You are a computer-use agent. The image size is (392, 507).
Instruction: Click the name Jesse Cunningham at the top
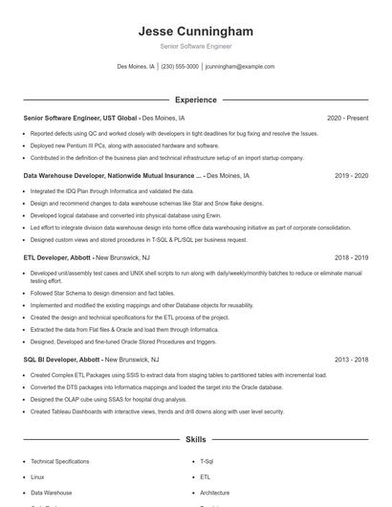pyautogui.click(x=195, y=31)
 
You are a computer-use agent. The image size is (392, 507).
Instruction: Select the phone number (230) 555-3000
pyautogui.click(x=180, y=67)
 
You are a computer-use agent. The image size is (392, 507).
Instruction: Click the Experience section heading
pyautogui.click(x=195, y=99)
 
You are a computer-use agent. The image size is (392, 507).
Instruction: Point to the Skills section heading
pyautogui.click(x=195, y=439)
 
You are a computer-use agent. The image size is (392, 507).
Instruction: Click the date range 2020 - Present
pyautogui.click(x=347, y=118)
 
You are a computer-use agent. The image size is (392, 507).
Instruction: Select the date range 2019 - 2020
pyautogui.click(x=351, y=176)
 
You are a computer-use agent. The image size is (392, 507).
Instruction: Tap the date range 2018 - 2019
pyautogui.click(x=351, y=257)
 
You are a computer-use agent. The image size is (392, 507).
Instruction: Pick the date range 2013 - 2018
pyautogui.click(x=351, y=360)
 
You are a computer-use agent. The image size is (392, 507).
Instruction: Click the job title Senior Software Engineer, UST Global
pyautogui.click(x=80, y=118)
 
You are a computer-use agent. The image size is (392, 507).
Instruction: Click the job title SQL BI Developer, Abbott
pyautogui.click(x=63, y=360)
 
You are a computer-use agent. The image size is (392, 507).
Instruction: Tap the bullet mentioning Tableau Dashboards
pyautogui.click(x=157, y=411)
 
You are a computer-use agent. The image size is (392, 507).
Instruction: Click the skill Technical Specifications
pyautogui.click(x=59, y=461)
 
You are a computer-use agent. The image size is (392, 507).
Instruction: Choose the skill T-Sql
pyautogui.click(x=207, y=461)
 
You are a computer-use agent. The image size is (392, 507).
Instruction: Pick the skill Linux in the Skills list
pyautogui.click(x=37, y=475)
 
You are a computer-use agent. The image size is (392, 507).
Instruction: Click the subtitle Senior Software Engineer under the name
pyautogui.click(x=195, y=46)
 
